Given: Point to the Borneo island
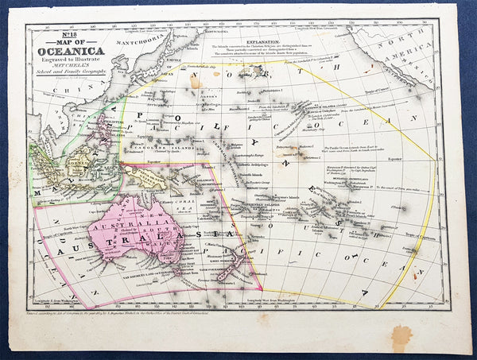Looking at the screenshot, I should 77,169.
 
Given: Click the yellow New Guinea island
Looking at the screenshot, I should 151,180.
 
